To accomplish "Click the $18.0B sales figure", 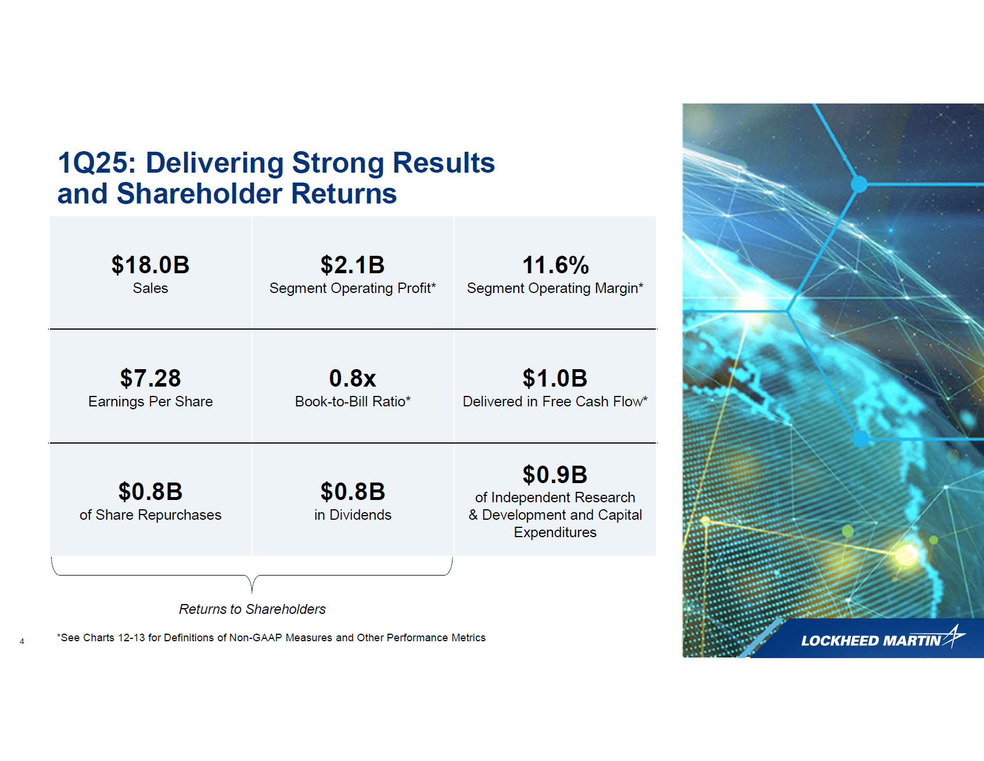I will click(150, 265).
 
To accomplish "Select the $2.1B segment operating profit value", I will click(353, 265).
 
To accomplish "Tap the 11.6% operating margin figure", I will click(555, 265).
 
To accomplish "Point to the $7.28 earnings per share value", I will click(150, 378).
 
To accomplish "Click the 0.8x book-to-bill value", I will click(353, 378).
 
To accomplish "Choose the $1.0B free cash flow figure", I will click(555, 378).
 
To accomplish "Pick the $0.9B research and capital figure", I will click(555, 475).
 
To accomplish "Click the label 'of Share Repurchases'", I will click(150, 515).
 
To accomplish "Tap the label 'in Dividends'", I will click(353, 515).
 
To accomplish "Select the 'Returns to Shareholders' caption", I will click(252, 609).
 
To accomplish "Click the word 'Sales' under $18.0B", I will click(150, 288).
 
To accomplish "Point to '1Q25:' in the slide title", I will click(96, 163).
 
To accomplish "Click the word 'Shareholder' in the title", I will click(199, 194).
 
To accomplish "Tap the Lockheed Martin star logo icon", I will click(954, 636).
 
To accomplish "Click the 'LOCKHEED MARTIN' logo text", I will click(870, 641).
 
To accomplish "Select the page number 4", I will click(22, 641).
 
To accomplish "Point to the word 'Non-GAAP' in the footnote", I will click(256, 638).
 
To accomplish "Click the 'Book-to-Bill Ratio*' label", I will click(353, 402).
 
